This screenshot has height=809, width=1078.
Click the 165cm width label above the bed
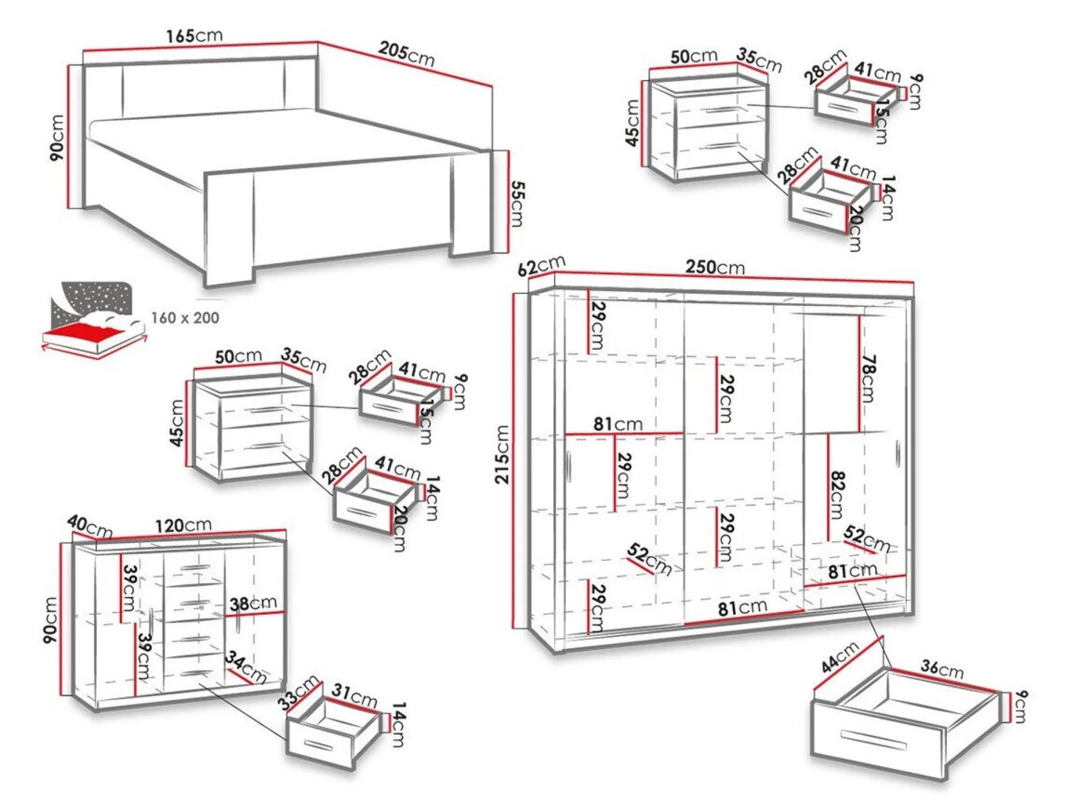[194, 36]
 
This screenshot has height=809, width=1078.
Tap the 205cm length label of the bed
[406, 54]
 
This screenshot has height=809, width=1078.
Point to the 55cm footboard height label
[517, 203]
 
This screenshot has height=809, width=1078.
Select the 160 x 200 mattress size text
[185, 318]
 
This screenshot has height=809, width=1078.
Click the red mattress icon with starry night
[92, 319]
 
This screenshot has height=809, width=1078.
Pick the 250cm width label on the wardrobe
[715, 268]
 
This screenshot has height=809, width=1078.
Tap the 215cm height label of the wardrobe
[502, 454]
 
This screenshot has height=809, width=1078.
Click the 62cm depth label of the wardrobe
[541, 266]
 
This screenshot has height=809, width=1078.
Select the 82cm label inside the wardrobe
[837, 494]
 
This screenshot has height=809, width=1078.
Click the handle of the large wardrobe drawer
[874, 740]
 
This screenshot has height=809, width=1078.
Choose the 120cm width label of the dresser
[183, 525]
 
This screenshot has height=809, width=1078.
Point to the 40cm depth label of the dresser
[89, 526]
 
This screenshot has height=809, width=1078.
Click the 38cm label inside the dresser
[253, 604]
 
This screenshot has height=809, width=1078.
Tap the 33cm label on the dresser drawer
[299, 692]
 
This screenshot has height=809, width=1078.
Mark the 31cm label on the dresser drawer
[355, 696]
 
